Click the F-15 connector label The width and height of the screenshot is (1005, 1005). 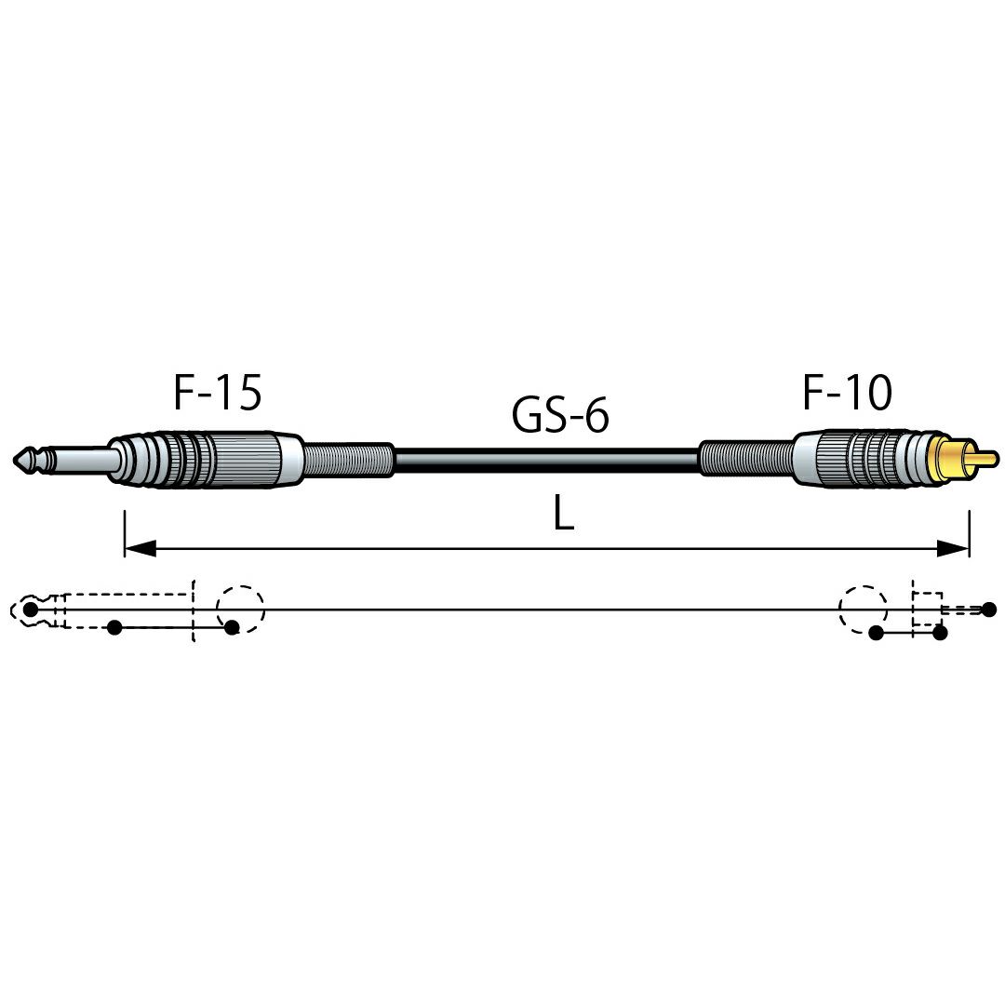click(217, 393)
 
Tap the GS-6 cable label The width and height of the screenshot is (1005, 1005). click(560, 414)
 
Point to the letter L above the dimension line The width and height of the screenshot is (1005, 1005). click(563, 515)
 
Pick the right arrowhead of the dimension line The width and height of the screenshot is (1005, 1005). click(953, 548)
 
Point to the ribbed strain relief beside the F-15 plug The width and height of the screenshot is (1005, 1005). click(347, 461)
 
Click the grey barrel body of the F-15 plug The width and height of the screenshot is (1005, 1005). click(205, 459)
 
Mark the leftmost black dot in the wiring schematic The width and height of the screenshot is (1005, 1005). click(30, 609)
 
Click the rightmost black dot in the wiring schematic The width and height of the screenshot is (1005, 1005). click(989, 609)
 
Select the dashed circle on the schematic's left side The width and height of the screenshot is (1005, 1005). click(240, 587)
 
